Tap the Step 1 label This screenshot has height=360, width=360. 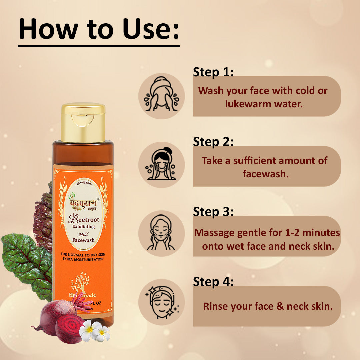[x=213, y=72]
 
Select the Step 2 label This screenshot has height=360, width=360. [x=213, y=142]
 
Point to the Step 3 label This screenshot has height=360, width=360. [x=213, y=212]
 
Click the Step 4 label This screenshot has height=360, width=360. [x=213, y=282]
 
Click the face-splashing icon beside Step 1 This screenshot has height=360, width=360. [x=161, y=96]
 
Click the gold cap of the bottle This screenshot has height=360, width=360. [x=83, y=123]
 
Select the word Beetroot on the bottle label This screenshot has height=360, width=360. [x=82, y=219]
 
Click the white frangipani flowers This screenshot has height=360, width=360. [x=95, y=331]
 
